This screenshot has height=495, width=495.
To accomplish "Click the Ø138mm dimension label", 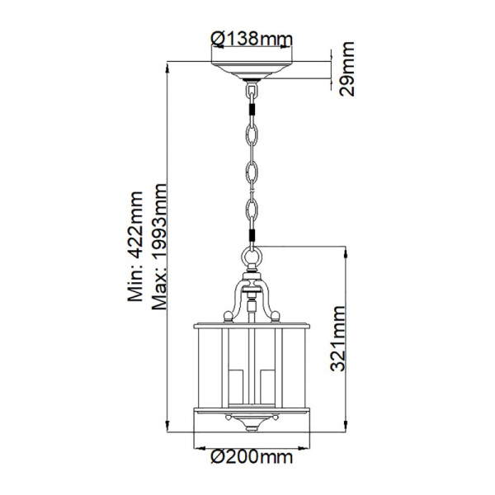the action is (252, 38).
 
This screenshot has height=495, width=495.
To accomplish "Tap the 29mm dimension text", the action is (346, 68).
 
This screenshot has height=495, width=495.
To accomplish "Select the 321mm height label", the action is (338, 338).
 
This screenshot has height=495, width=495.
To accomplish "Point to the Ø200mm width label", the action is (252, 456).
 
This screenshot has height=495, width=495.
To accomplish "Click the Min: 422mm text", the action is (135, 246).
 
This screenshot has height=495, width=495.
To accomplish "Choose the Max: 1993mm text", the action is (158, 246).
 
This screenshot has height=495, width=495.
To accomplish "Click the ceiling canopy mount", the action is (252, 69).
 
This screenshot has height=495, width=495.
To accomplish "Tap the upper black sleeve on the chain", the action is (252, 110).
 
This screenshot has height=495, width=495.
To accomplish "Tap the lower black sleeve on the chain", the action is (252, 235).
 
